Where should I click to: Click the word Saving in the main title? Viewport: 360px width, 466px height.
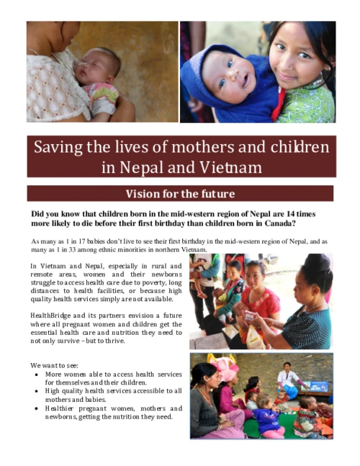pyautogui.click(x=57, y=148)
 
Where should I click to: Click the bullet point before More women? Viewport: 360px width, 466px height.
pyautogui.click(x=37, y=375)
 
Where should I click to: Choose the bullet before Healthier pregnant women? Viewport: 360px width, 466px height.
pyautogui.click(x=37, y=408)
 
